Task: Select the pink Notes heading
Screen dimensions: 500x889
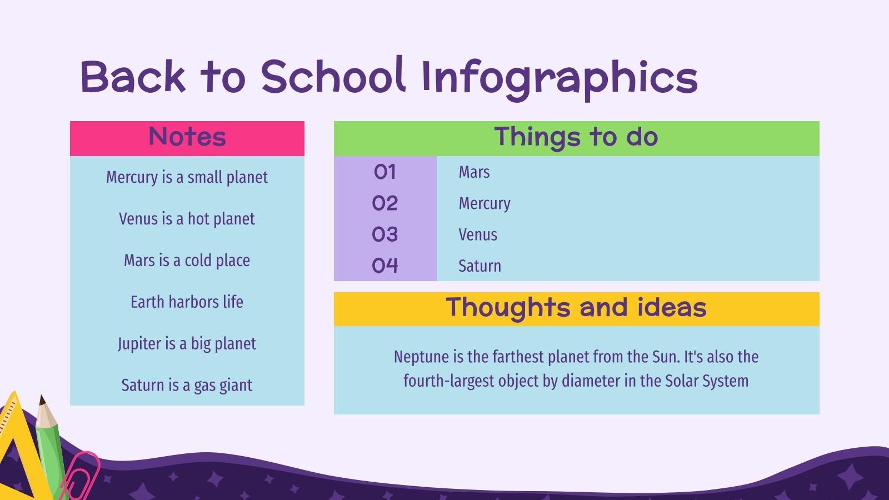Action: coord(187,137)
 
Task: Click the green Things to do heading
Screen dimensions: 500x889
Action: coord(576,137)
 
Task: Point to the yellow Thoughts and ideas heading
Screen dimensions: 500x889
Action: coord(576,308)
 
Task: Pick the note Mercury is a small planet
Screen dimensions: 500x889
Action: coord(187,177)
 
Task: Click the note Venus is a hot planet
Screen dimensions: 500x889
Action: coord(187,219)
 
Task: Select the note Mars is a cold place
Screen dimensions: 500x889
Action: coord(187,261)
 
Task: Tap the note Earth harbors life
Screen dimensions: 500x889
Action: coord(187,302)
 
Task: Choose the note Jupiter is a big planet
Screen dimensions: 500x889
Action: coord(187,344)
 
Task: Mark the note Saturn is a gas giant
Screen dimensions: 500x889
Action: coord(187,386)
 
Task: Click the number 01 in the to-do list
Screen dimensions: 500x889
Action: coord(385,172)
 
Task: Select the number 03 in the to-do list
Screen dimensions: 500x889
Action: coord(385,234)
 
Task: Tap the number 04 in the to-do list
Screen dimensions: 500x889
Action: coord(385,266)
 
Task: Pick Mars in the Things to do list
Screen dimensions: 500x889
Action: coord(474,172)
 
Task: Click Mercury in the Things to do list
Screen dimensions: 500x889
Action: coord(485,204)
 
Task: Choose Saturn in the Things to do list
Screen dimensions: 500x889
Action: coord(480,266)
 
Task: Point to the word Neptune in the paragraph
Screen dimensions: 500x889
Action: coord(419,357)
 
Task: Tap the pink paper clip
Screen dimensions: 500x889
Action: coord(81,476)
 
